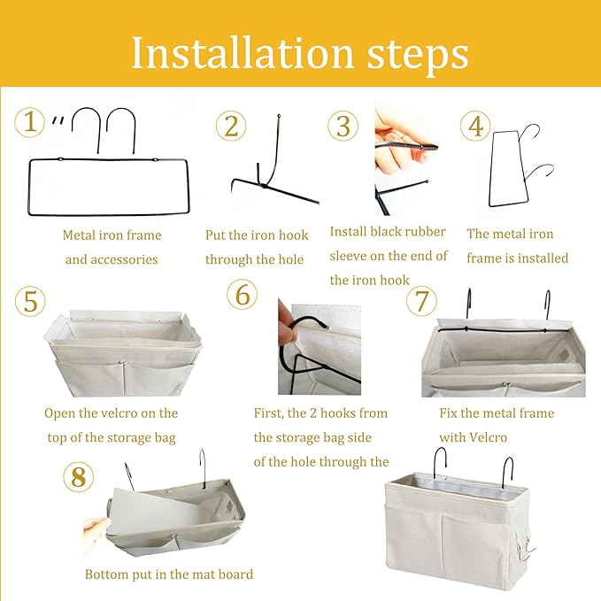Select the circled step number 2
click(x=231, y=126)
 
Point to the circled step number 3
click(x=343, y=126)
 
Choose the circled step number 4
click(x=475, y=126)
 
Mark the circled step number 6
click(x=242, y=294)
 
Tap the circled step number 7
click(x=421, y=301)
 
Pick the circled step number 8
click(x=78, y=477)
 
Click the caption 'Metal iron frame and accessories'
click(x=112, y=247)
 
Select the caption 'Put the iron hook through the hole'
click(x=255, y=247)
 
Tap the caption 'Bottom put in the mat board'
click(x=168, y=574)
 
